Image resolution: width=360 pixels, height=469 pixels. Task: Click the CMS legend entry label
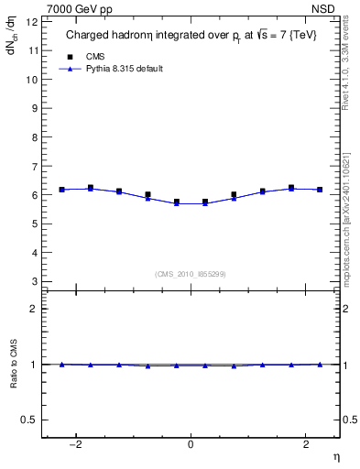(x=96, y=56)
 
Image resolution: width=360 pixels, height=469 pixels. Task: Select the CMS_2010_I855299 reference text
(x=191, y=273)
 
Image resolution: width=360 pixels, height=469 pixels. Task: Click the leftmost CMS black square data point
(x=62, y=190)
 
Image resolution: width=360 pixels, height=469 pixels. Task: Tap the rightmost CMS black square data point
(x=320, y=190)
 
